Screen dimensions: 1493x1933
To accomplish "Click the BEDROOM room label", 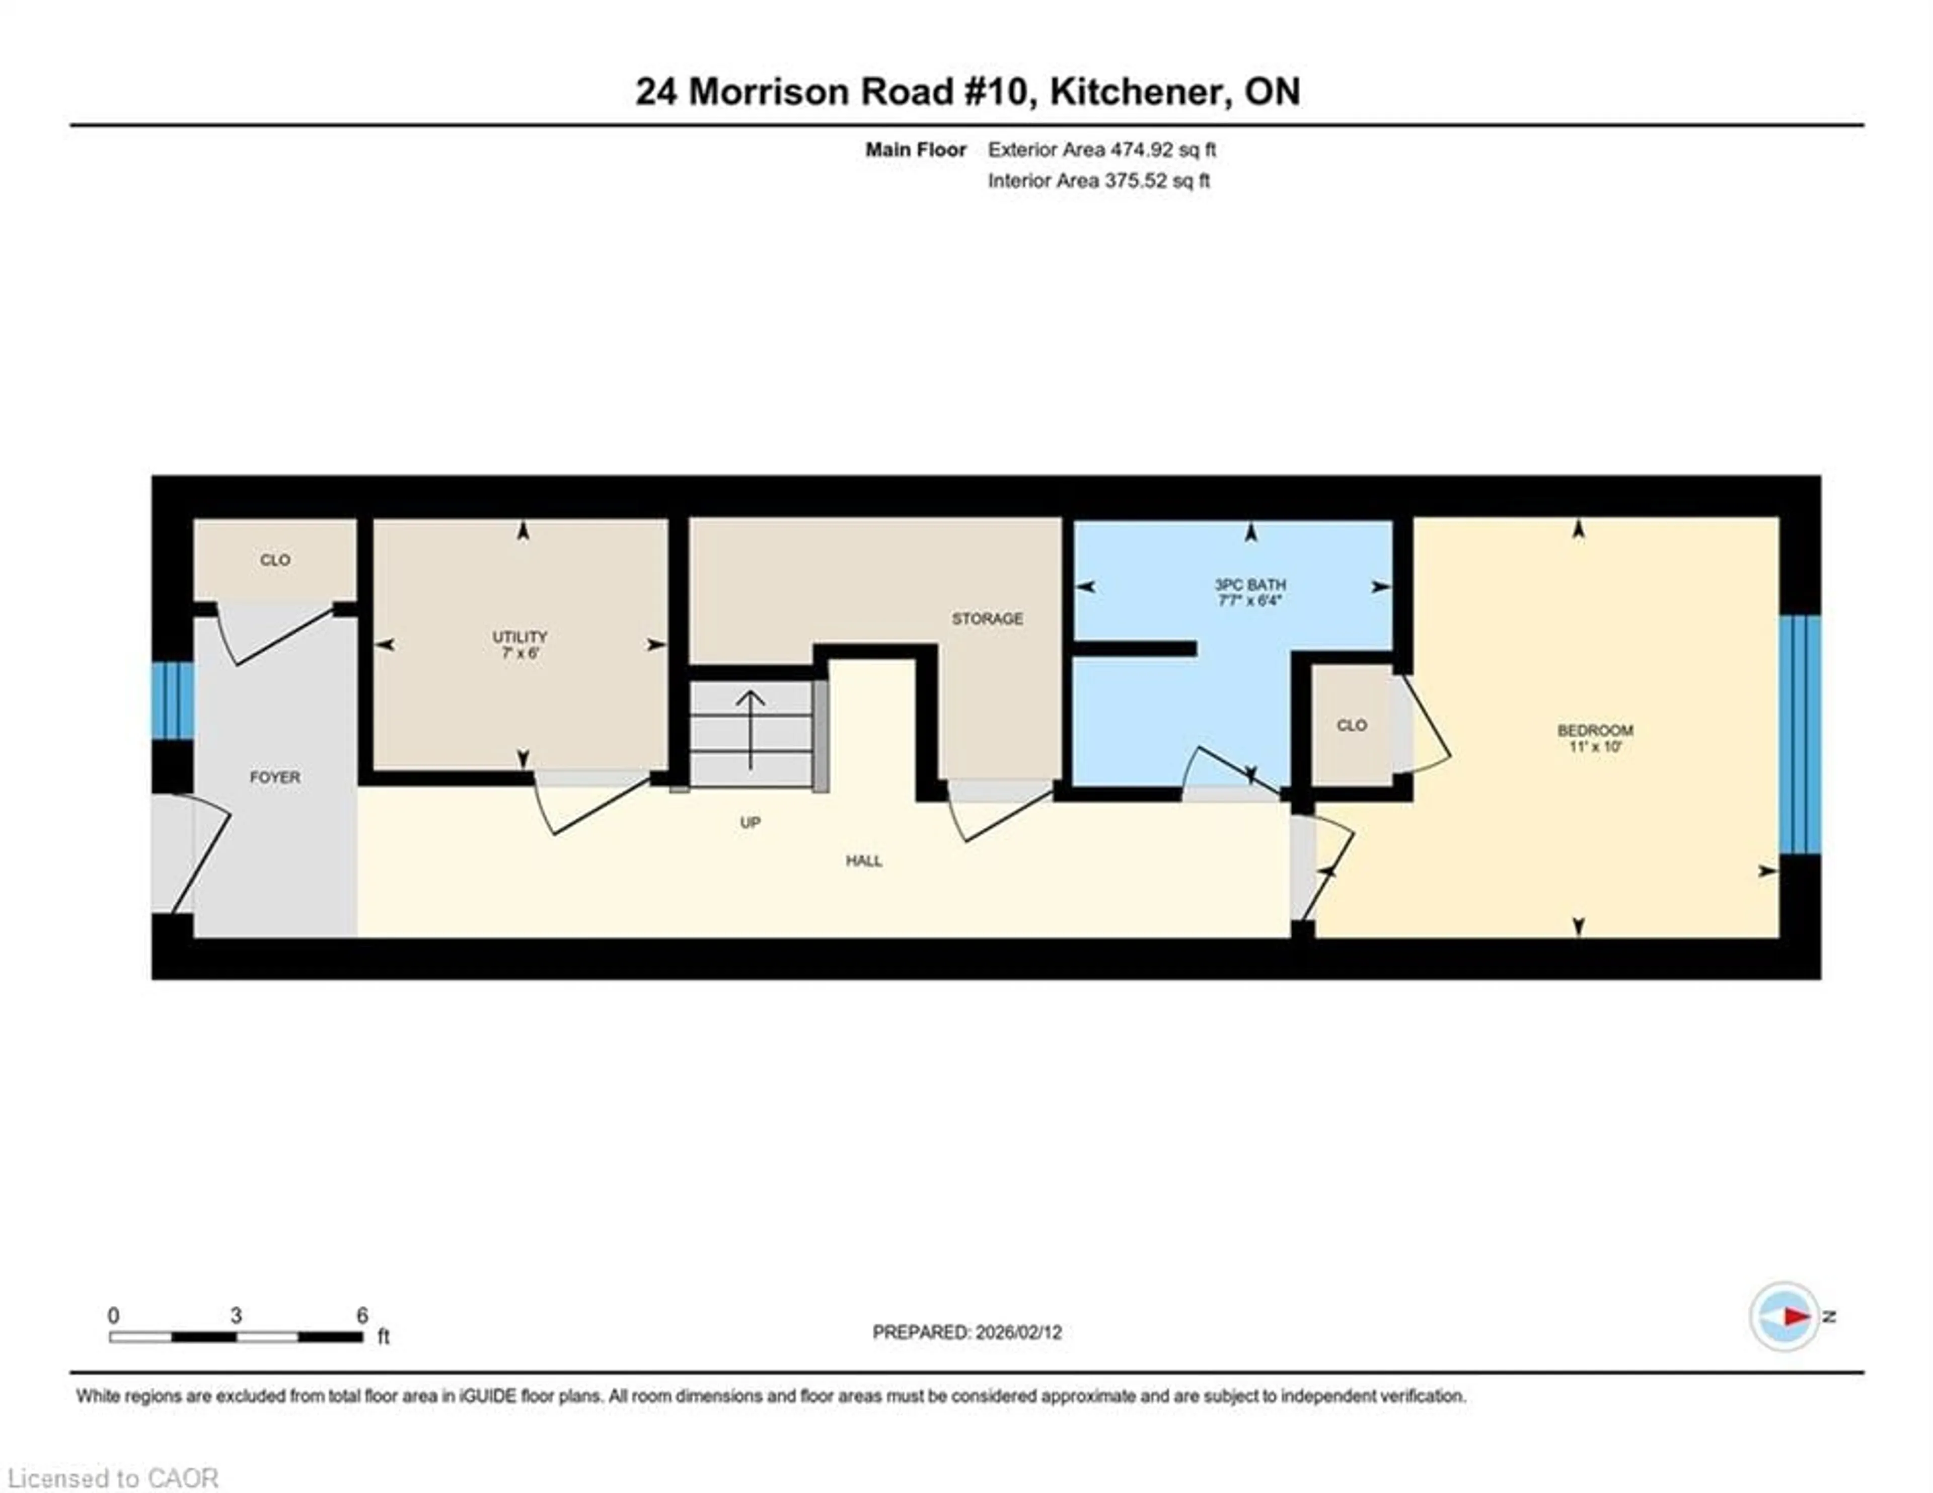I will point(1595,730).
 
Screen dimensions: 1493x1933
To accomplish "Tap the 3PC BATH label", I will point(1250,585).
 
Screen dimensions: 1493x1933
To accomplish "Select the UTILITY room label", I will point(519,637).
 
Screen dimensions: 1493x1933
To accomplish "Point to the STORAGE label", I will point(987,618).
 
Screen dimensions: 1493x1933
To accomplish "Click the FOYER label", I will point(274,777).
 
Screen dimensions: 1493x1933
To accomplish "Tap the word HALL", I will point(864,860).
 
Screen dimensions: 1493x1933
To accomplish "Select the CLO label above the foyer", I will point(274,560).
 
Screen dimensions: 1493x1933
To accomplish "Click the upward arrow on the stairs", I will point(751,728).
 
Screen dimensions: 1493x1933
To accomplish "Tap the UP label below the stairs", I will point(750,822).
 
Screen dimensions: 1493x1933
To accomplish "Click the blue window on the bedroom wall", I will point(1800,735).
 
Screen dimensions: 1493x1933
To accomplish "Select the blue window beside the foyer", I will point(173,700).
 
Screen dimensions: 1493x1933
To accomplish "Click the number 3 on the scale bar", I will point(236,1315).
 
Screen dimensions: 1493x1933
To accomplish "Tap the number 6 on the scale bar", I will point(362,1315).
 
